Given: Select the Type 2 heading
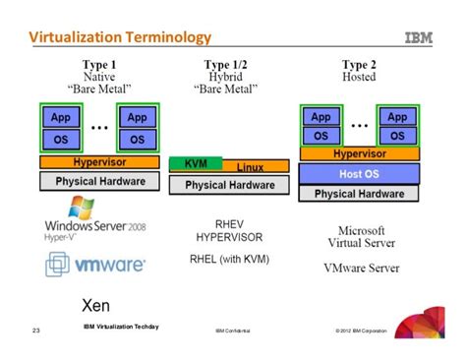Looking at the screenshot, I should [360, 64].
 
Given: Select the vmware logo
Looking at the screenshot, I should [95, 265].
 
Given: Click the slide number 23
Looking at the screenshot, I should [35, 331].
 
